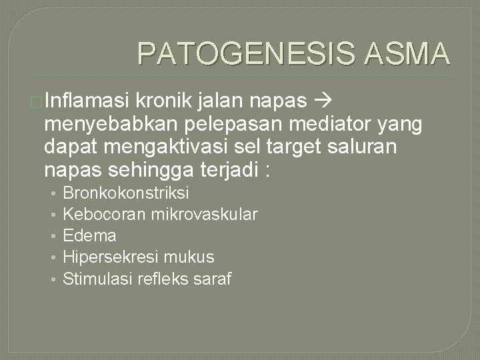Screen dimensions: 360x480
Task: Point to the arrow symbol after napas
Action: coord(321,101)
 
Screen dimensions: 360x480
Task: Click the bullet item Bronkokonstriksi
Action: coord(126,193)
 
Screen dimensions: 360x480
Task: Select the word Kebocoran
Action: coord(95,215)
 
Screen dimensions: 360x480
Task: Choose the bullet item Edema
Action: coord(89,236)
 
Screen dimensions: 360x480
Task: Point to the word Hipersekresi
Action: coord(104,257)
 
